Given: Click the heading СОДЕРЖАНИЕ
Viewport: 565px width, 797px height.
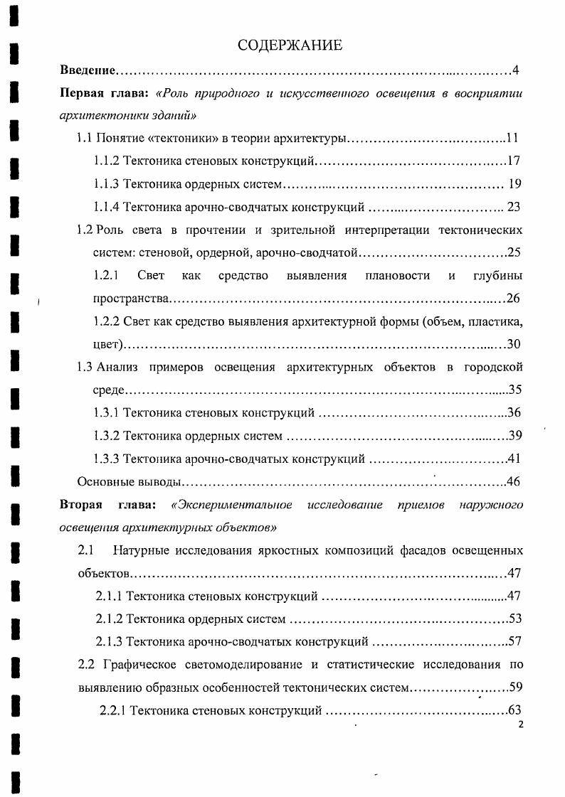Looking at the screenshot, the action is coord(290,46).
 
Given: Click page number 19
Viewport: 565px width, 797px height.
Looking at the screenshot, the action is coord(515,184).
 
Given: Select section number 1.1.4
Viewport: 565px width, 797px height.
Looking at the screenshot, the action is coord(107,208).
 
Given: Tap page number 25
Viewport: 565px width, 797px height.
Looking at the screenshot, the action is coord(514,253).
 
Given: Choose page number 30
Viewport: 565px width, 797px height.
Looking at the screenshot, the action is coord(514,344).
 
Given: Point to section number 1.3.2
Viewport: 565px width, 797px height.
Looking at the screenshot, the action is coord(107,436).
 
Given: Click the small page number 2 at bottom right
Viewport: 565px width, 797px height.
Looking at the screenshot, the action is coord(521,724).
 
